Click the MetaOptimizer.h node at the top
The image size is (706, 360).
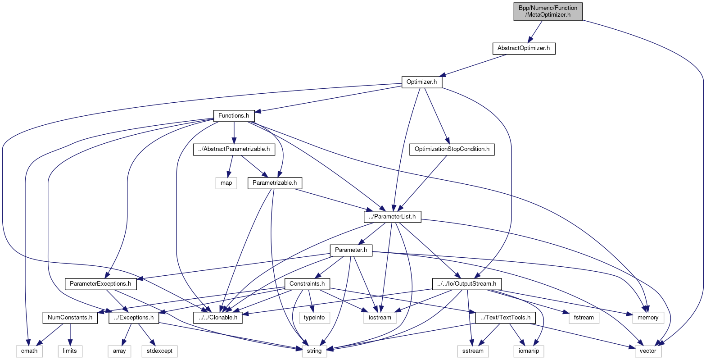548,11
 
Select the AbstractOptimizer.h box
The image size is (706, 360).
524,48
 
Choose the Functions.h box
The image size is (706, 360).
234,116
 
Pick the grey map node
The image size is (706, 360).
226,183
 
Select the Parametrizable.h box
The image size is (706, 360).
275,183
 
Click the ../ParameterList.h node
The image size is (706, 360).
392,217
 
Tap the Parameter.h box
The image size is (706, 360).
351,250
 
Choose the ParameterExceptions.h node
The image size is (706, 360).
101,284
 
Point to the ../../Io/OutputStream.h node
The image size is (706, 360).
467,284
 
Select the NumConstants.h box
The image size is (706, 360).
70,318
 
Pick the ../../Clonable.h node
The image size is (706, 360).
218,318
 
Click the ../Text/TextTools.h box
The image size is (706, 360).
506,318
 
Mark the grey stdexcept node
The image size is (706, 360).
159,351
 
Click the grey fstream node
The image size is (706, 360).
584,318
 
